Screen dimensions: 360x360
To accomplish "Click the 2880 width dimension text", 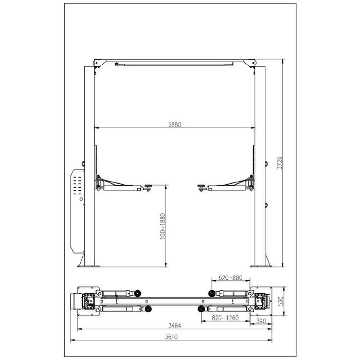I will coord(175,124).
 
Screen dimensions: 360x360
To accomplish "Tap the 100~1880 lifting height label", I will coord(163,227).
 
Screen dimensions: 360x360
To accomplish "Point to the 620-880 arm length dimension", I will coord(229,278).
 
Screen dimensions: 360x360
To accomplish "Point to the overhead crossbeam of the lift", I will coord(175,63).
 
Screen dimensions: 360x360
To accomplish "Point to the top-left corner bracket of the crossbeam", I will coord(96,62).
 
